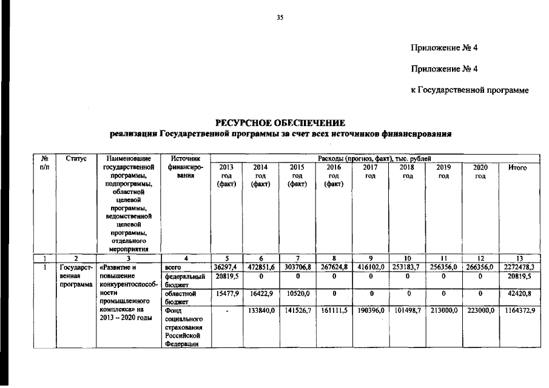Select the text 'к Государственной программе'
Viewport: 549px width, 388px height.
pyautogui.click(x=470, y=90)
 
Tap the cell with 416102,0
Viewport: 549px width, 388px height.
pyautogui.click(x=371, y=266)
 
